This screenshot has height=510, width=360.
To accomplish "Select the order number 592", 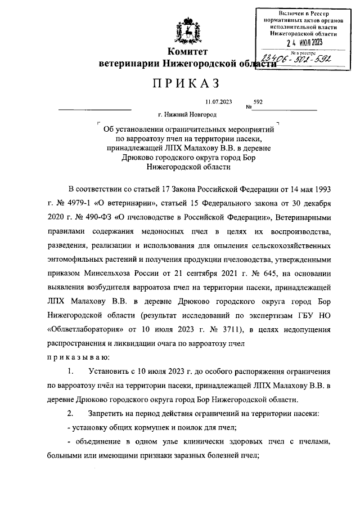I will pyautogui.click(x=258, y=102).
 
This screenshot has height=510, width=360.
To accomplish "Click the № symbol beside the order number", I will pyautogui.click(x=248, y=107).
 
